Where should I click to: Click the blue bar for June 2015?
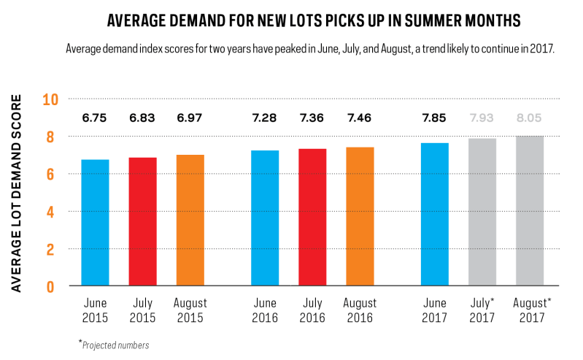coord(95,223)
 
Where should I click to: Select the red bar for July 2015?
coord(143,221)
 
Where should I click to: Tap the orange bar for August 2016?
coord(360,216)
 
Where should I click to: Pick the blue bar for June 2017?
coord(435,215)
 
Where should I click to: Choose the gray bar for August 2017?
coord(530,211)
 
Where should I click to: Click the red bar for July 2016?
coord(312,218)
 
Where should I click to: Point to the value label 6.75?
coord(94,118)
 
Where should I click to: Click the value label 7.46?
coord(359,118)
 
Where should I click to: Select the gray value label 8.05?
coord(529,118)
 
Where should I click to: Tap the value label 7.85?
coord(434,118)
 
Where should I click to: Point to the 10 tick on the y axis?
coord(50,100)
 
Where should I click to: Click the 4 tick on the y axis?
coord(50,212)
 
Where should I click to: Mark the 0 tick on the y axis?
coord(50,287)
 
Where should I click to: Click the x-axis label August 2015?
coord(190,310)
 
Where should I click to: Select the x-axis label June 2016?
coord(265,310)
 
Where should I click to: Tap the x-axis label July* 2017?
coord(482,310)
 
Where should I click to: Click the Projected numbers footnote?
coord(114,345)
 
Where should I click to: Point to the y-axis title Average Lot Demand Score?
coord(16,193)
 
